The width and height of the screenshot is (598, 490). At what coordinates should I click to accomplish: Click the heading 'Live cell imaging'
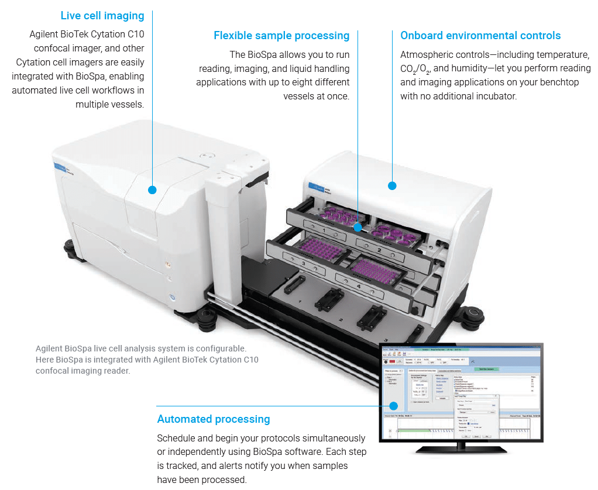pyautogui.click(x=102, y=15)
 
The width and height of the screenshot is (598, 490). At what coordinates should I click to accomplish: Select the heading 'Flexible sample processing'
pyautogui.click(x=281, y=36)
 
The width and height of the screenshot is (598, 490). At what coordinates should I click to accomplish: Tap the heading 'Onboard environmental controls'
pyautogui.click(x=480, y=36)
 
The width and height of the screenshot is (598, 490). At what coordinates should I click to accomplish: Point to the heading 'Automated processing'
pyautogui.click(x=214, y=419)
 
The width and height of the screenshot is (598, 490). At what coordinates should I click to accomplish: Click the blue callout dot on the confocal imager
pyautogui.click(x=152, y=189)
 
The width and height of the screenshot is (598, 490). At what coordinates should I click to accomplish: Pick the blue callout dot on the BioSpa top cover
pyautogui.click(x=392, y=186)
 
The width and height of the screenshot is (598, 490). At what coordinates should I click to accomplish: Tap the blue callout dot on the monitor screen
pyautogui.click(x=394, y=406)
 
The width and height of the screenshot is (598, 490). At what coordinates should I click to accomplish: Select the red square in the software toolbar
pyautogui.click(x=391, y=361)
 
